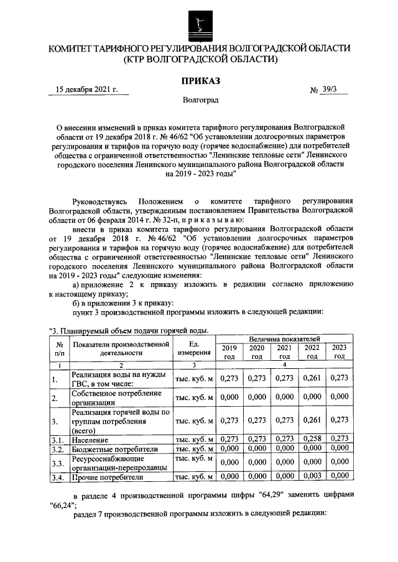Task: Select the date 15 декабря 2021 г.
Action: coord(86,89)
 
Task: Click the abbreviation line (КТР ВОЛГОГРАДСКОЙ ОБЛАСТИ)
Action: coord(200,60)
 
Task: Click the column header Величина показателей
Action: coord(284,339)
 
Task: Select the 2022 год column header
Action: coord(312,352)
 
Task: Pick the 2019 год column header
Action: coord(229,352)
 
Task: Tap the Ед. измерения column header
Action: coord(194,348)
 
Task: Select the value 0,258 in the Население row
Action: coord(312,440)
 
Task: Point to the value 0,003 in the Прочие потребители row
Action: coord(312,476)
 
